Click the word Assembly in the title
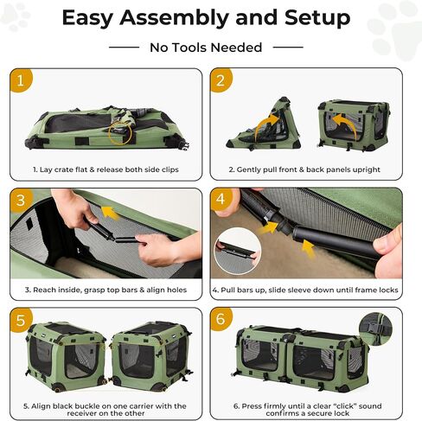click(175, 18)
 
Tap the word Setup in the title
click(317, 19)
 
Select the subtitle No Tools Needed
click(206, 48)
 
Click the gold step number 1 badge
click(21, 80)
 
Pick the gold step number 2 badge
click(221, 80)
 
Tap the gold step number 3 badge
click(21, 200)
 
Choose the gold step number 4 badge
click(221, 200)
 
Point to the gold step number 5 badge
click(21, 320)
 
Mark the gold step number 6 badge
click(221, 319)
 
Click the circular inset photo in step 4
click(238, 251)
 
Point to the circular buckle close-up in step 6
click(375, 329)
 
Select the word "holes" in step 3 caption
click(177, 290)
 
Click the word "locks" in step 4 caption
click(389, 290)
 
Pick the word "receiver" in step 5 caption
click(82, 413)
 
